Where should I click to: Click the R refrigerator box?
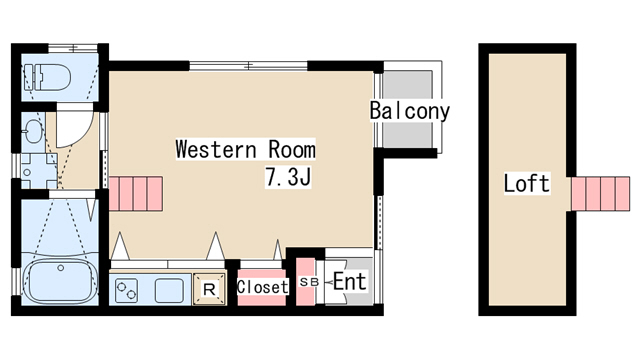209,287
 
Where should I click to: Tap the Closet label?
262,286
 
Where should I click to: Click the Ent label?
349,282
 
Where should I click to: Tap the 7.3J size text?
291,179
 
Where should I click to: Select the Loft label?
526,184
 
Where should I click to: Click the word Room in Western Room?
291,150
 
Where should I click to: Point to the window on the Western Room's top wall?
248,66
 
